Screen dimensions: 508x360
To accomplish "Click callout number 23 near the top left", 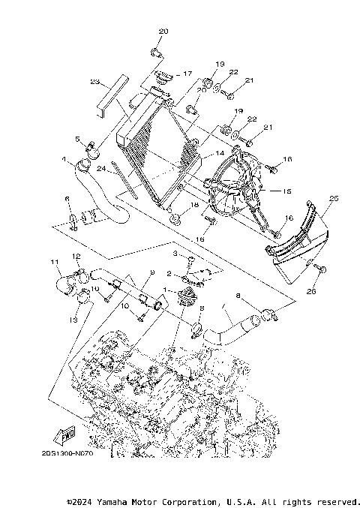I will pyautogui.click(x=94, y=81).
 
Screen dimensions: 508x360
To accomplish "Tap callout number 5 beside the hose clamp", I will pyautogui.click(x=77, y=139).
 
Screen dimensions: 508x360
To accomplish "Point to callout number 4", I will pyautogui.click(x=64, y=159).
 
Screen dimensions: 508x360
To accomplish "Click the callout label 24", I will pyautogui.click(x=98, y=170).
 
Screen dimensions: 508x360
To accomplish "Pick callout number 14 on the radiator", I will pyautogui.click(x=220, y=153).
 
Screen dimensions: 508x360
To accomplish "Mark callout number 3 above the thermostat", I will pyautogui.click(x=174, y=255).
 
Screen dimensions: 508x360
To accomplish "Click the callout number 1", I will pyautogui.click(x=166, y=289).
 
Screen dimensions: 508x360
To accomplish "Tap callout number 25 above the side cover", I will pyautogui.click(x=333, y=198).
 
